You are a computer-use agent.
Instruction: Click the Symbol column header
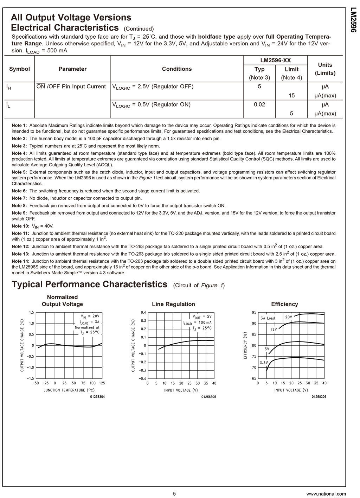[19, 69]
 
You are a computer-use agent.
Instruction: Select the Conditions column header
[177, 69]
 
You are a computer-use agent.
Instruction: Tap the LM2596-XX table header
[275, 60]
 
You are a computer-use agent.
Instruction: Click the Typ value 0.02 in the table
[259, 104]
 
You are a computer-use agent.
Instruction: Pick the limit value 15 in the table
[291, 95]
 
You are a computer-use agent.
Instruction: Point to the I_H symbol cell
[9, 87]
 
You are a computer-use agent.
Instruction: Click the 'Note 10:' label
[21, 226]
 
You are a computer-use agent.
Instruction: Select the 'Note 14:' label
[21, 261]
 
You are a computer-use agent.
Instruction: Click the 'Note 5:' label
[19, 172]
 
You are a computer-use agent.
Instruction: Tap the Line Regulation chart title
[173, 304]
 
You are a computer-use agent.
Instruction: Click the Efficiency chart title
[284, 304]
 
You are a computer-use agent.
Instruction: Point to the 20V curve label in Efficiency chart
[289, 317]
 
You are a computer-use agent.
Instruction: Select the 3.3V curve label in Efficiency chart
[264, 363]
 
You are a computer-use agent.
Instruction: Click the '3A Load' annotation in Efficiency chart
[268, 318]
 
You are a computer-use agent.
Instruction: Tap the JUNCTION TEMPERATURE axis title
[69, 390]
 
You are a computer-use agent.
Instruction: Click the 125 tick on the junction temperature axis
[102, 383]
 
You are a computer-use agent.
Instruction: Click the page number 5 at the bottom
[174, 493]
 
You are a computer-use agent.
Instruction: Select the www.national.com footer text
[326, 494]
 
